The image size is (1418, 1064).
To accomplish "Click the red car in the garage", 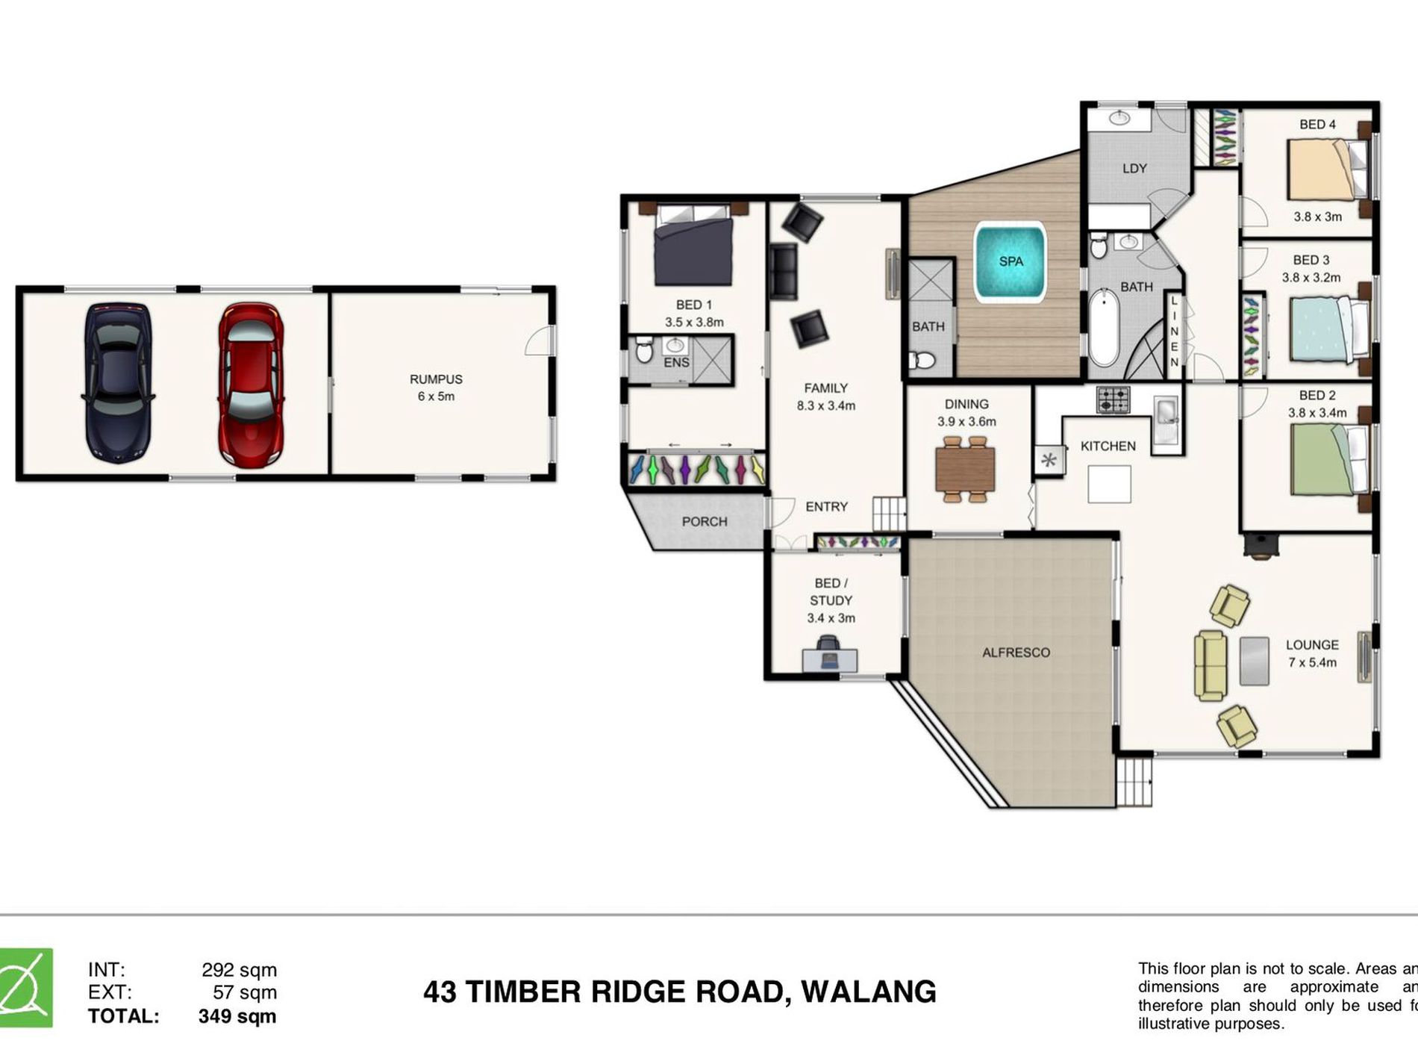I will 251,383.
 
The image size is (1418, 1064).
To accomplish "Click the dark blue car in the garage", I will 118,383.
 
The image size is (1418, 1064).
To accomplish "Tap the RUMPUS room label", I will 436,379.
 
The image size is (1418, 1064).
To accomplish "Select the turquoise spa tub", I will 1011,262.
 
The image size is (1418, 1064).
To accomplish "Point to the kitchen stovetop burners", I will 1113,399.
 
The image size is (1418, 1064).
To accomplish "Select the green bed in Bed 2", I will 1328,459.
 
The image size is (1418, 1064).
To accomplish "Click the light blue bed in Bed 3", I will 1328,330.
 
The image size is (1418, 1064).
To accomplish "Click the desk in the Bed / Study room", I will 829,660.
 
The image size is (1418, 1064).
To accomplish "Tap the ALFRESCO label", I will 1016,653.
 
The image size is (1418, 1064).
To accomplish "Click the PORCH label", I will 704,521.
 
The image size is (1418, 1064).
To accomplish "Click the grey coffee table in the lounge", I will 1255,661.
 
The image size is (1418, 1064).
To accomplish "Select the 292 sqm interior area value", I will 239,970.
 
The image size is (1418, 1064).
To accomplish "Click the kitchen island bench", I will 1109,484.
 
